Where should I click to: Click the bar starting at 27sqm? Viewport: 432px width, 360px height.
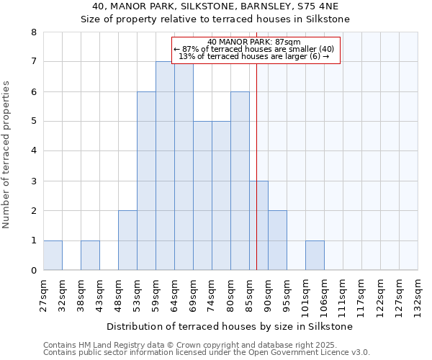[53, 256]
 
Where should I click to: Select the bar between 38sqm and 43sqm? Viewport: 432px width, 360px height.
[90, 256]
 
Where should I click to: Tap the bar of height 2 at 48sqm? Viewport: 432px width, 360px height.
[127, 240]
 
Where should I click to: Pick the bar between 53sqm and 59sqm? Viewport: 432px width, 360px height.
[146, 181]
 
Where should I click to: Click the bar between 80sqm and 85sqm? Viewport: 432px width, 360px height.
[240, 181]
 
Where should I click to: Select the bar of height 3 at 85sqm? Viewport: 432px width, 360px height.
[258, 225]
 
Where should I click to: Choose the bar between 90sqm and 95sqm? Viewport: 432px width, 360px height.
[277, 240]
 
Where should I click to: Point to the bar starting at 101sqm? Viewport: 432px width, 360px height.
[315, 256]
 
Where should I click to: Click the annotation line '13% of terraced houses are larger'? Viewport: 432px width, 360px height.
[253, 56]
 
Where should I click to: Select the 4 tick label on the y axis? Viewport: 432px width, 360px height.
[33, 151]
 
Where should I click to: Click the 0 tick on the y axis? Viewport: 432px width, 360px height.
[33, 271]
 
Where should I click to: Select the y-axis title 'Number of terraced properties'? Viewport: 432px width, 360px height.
[7, 155]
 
